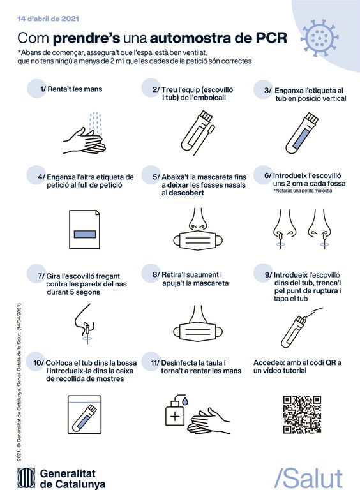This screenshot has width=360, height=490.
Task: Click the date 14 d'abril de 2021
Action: coord(48,19)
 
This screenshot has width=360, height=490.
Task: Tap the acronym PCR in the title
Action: coord(271,38)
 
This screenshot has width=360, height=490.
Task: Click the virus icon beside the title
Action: coord(319,38)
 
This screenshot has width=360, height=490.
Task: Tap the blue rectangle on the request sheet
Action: coord(85,234)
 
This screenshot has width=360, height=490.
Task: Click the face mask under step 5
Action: coord(198,241)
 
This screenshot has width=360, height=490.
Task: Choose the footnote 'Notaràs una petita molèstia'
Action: coord(303,191)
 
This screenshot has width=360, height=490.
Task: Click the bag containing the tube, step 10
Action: coord(85,415)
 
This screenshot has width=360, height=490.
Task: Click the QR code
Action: coord(302,414)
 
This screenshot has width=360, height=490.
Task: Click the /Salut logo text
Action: coord(308,479)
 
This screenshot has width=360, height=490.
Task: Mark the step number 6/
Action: coord(268,175)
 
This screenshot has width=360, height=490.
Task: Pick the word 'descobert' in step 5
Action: coord(186,193)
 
